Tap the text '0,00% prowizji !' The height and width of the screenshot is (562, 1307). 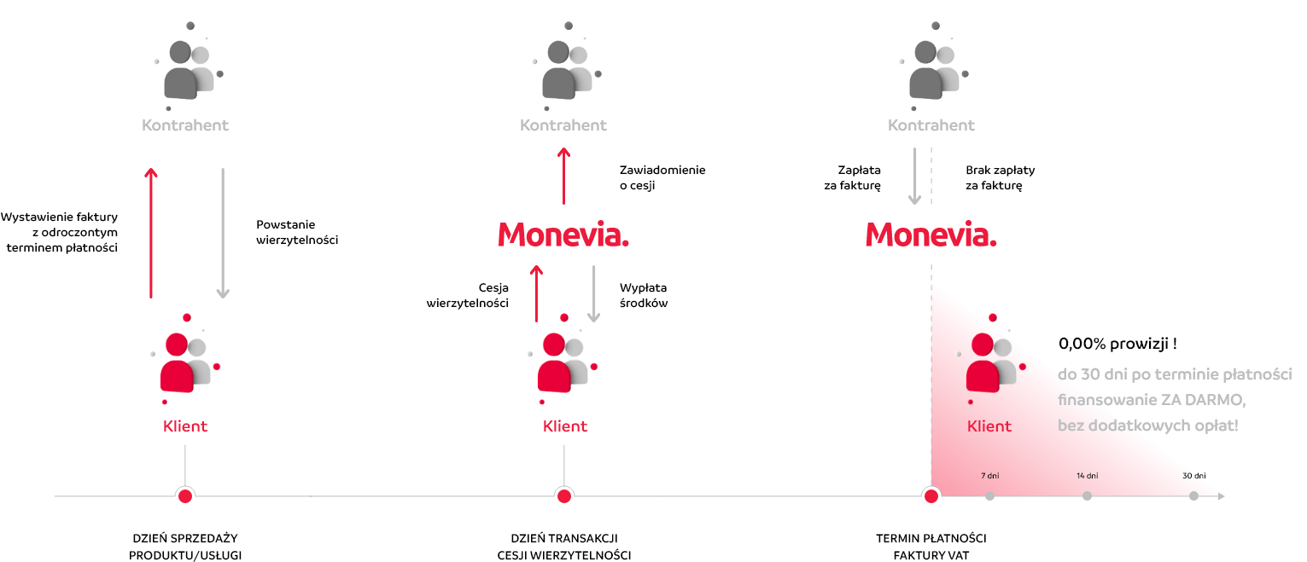[1117, 345]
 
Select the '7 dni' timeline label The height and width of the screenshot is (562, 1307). [989, 475]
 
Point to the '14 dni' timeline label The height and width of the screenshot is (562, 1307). [1087, 475]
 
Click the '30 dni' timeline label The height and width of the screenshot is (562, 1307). [1193, 475]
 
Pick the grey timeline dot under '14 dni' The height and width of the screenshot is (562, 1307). [1087, 495]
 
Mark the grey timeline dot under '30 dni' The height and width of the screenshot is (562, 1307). [1193, 495]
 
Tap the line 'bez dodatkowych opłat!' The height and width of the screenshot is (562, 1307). [1147, 425]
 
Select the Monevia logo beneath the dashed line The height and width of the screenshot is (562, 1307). [931, 235]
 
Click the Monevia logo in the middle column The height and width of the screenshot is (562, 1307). [563, 235]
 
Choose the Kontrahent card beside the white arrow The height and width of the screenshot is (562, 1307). [931, 67]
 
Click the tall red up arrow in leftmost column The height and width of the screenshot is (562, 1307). [151, 232]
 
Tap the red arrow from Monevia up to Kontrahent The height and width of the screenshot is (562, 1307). [563, 175]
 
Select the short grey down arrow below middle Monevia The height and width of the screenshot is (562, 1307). [594, 293]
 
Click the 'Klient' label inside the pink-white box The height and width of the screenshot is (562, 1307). [989, 426]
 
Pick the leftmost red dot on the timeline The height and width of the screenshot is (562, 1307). [185, 495]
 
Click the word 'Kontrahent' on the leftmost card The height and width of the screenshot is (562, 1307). [185, 125]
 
